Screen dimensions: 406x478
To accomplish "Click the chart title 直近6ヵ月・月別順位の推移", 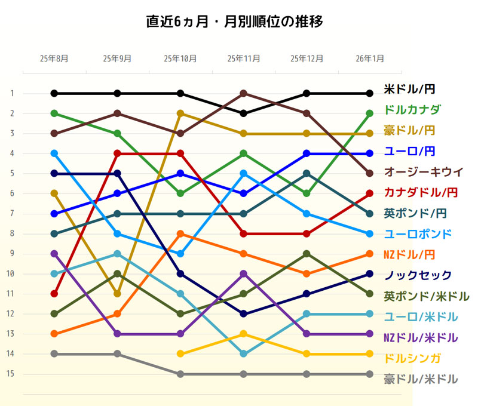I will pyautogui.click(x=235, y=23).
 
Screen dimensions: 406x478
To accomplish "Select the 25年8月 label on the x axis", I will pyautogui.click(x=54, y=59).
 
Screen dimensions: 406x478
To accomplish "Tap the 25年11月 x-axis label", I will pyautogui.click(x=243, y=59).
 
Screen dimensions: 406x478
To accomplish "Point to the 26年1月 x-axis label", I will pyautogui.click(x=369, y=59).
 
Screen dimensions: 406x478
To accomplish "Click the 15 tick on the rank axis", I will pyautogui.click(x=12, y=374).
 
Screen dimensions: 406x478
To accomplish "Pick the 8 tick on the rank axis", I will pyautogui.click(x=12, y=233).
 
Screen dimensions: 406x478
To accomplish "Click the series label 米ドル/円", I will pyautogui.click(x=409, y=90).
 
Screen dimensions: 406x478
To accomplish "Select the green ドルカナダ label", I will pyautogui.click(x=412, y=109).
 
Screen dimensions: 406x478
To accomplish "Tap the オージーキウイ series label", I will pyautogui.click(x=423, y=171).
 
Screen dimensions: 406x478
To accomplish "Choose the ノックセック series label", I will pyautogui.click(x=418, y=275).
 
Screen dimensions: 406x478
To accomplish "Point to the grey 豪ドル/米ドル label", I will pyautogui.click(x=421, y=379).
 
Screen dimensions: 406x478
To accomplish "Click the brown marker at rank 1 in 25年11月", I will pyautogui.click(x=243, y=93).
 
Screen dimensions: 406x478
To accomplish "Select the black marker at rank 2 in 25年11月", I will pyautogui.click(x=243, y=113).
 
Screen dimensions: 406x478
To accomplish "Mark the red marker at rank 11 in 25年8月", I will pyautogui.click(x=54, y=294).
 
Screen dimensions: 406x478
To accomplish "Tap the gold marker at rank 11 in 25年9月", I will pyautogui.click(x=118, y=294).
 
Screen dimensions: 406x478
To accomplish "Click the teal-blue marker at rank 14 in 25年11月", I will pyautogui.click(x=243, y=354).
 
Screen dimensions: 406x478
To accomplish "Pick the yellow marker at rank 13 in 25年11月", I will pyautogui.click(x=243, y=334).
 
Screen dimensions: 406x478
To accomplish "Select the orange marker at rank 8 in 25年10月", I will pyautogui.click(x=180, y=233).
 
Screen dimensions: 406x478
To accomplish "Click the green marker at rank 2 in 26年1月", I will pyautogui.click(x=369, y=113).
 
